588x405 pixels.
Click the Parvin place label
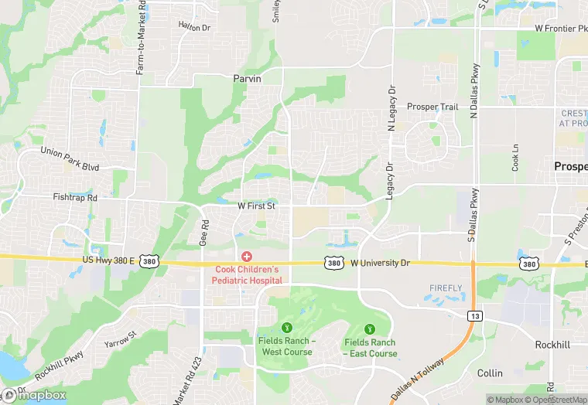pos(248,79)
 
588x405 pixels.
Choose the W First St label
pos(262,206)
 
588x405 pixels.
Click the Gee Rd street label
pos(204,234)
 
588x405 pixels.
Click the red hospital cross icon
pos(247,256)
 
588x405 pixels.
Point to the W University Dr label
pos(379,264)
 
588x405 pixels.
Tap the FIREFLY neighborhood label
pos(446,288)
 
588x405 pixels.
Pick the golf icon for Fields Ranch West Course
pos(286,327)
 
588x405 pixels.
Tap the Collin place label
pos(490,373)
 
